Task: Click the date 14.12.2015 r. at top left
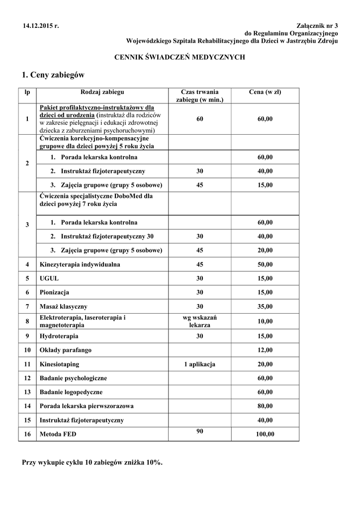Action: point(40,25)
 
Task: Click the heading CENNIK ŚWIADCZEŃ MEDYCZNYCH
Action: point(180,58)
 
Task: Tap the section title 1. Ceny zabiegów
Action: point(53,75)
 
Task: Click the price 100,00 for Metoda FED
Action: point(265,434)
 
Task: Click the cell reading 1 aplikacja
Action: point(199,364)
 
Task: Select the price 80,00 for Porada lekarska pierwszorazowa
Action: point(265,406)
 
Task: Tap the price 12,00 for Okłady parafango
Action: point(265,350)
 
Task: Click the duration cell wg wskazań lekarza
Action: point(199,321)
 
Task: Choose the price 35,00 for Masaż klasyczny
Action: point(265,306)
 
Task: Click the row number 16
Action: point(27,434)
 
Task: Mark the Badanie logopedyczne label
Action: point(71,392)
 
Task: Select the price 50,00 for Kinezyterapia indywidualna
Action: point(265,264)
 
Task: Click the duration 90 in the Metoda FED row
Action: point(199,431)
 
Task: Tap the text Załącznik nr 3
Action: point(317,25)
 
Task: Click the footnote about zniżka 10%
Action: point(92,462)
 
